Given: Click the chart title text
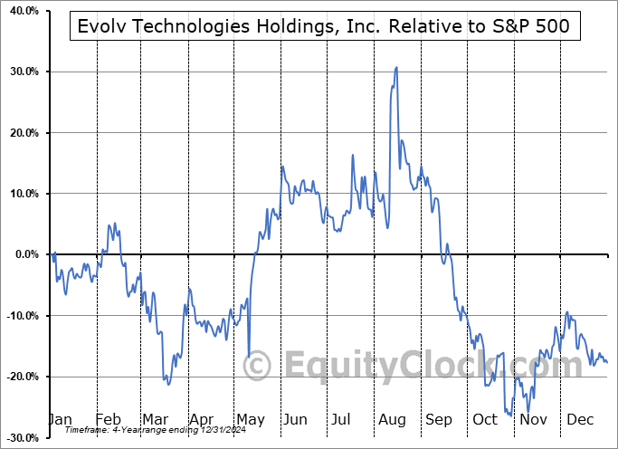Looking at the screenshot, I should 323,26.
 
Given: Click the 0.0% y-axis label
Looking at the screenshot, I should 23,254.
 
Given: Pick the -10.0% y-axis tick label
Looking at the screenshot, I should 19,316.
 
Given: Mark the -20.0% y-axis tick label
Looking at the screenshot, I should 19,377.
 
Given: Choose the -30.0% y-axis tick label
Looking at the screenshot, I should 19,437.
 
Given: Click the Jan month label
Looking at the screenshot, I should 60,419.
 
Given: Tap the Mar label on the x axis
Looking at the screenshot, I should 154,419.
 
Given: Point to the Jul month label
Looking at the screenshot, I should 340,419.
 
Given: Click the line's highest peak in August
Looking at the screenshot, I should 396,67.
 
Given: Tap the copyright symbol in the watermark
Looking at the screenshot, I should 258,367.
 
